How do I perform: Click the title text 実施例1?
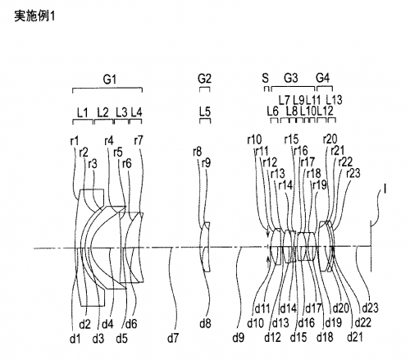point(34,16)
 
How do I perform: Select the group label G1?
point(110,80)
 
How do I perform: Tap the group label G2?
point(204,79)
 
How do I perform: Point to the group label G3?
point(291,78)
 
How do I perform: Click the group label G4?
point(323,78)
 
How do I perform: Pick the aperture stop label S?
point(266,79)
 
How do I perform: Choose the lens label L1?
point(82,112)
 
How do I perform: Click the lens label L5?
point(205,112)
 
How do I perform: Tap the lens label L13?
point(334,100)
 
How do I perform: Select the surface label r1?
point(75,141)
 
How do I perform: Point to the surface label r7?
point(139,140)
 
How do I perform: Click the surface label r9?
point(206,163)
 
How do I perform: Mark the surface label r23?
point(353,173)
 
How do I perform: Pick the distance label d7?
point(173,339)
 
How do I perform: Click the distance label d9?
point(238,338)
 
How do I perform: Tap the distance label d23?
point(370,308)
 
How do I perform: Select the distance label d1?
point(75,339)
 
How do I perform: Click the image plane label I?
point(385,189)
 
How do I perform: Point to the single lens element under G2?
point(206,247)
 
